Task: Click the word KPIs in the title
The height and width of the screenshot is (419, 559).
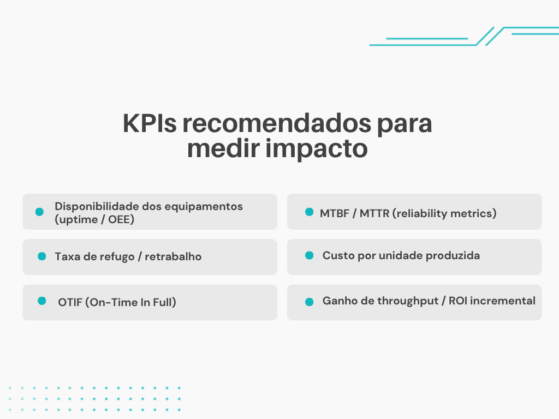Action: pos(149,124)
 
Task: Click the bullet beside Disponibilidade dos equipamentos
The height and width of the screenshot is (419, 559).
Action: pos(39,212)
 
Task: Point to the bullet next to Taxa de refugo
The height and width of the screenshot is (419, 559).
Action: pos(41,256)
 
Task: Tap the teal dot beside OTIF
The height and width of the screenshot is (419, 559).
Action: pos(41,301)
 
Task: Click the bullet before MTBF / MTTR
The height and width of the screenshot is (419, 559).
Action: pos(309,212)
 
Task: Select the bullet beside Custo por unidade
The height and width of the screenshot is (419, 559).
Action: pos(309,255)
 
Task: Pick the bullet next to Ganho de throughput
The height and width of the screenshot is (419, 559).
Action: pos(309,301)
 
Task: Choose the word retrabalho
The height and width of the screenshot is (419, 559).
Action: pos(173,256)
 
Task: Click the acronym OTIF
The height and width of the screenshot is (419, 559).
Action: pos(69,302)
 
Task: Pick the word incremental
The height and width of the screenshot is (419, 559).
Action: pos(504,301)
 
